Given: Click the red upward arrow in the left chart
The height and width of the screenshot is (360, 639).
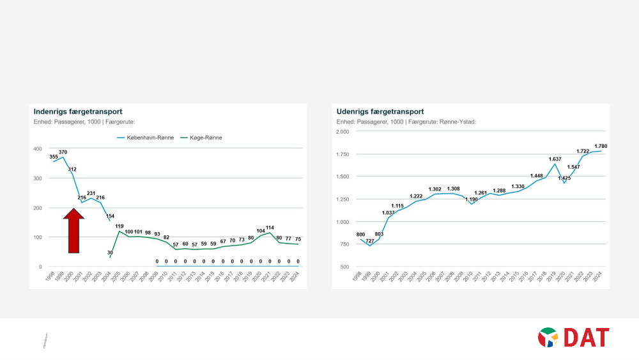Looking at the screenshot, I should (x=74, y=231).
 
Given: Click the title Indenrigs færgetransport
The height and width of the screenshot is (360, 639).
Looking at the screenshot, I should (x=78, y=112).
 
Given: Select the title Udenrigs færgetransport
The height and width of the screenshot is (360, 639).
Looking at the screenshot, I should (x=380, y=112).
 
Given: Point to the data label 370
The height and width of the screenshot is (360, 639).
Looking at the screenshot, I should (x=63, y=152).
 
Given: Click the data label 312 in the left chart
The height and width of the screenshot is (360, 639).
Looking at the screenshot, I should (x=72, y=169).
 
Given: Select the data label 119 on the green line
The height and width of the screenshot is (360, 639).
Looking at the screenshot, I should (x=119, y=226).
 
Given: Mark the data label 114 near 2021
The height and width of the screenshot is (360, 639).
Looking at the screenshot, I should (x=270, y=228).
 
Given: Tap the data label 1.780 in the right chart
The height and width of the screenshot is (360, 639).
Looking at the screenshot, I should (x=601, y=146).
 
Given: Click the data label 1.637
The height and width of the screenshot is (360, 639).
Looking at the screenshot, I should (x=555, y=159).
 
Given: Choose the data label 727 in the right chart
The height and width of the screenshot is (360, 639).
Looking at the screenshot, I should (x=370, y=240).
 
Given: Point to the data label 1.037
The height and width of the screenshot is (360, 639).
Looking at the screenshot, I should (x=389, y=213).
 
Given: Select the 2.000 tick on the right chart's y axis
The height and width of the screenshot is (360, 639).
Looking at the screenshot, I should (x=343, y=131).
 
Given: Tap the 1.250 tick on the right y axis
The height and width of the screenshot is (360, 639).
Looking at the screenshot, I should (x=343, y=200).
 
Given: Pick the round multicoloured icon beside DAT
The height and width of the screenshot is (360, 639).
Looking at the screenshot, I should (x=548, y=337).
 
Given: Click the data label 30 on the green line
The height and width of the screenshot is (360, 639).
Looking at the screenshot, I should (x=110, y=253).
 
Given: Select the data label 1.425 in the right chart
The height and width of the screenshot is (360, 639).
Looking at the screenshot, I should (x=564, y=178).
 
